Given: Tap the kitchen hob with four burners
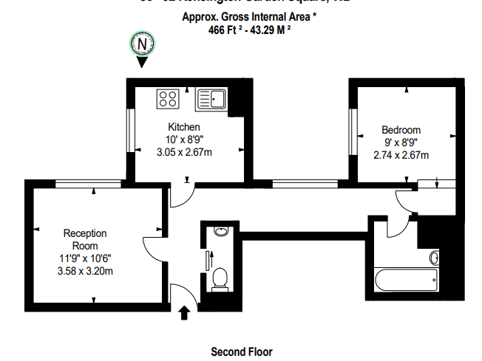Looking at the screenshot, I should click(x=168, y=98).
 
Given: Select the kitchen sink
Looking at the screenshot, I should click(x=212, y=98).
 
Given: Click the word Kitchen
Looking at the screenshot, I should click(x=184, y=127).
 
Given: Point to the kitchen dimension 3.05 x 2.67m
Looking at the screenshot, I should click(x=184, y=152).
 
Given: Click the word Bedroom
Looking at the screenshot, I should click(x=401, y=130).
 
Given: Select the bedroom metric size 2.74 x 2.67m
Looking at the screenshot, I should click(x=401, y=155).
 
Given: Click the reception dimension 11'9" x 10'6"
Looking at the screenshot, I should click(x=84, y=258).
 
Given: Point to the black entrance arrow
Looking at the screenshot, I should click(x=183, y=314).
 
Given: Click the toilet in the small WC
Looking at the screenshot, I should click(x=220, y=278).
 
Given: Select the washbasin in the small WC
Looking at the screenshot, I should click(x=220, y=232).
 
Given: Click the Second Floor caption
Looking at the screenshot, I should click(x=242, y=351).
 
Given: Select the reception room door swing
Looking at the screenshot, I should click(x=153, y=249).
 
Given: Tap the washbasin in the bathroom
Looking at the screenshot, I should click(x=434, y=258).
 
